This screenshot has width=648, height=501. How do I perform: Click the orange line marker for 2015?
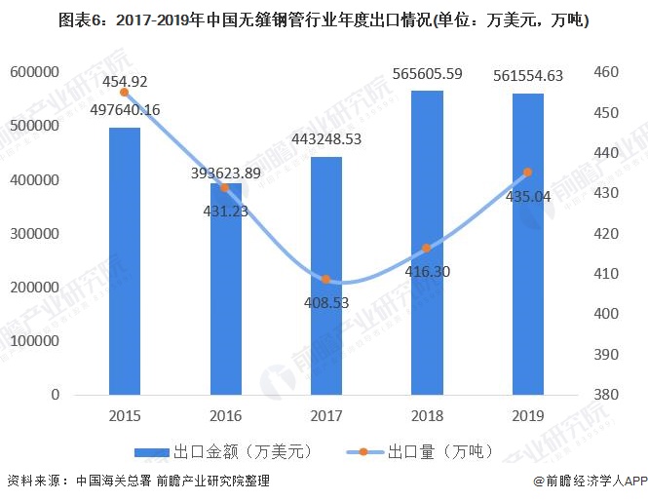click(x=125, y=92)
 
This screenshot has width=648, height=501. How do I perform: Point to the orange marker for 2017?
click(x=326, y=280)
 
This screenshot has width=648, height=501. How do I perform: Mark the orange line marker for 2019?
click(x=528, y=173)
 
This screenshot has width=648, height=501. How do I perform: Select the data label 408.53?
click(x=326, y=302)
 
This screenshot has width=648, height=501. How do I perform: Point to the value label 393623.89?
click(x=225, y=173)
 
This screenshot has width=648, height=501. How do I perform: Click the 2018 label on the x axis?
click(x=428, y=415)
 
